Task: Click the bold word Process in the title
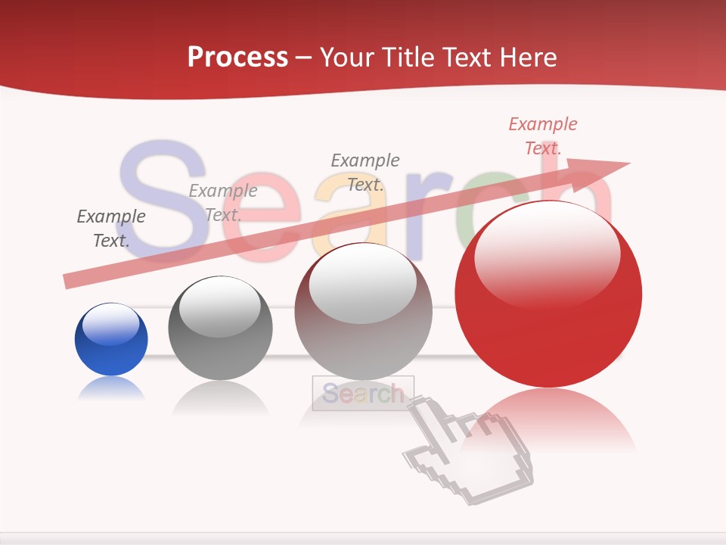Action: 237,58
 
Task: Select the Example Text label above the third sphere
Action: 365,173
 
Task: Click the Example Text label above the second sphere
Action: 223,203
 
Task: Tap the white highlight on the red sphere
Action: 547,254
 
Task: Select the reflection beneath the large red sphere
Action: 548,420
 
